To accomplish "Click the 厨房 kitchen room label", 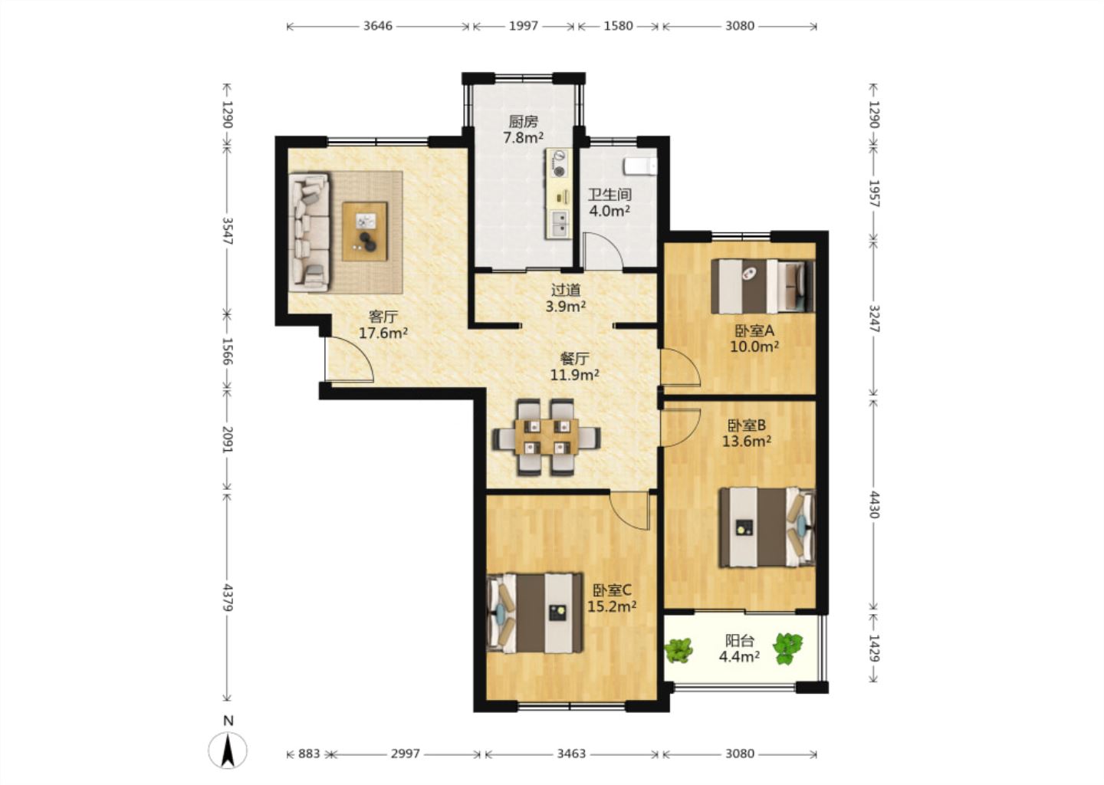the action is [x=523, y=121].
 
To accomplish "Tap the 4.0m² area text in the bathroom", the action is [x=609, y=211].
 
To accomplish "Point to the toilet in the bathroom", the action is [x=640, y=166].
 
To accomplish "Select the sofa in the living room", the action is [x=310, y=232].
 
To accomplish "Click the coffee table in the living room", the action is [x=365, y=231].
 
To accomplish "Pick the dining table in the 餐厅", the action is [x=546, y=437].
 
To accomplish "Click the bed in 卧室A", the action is [x=762, y=286].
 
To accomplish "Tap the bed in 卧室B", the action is [x=767, y=527].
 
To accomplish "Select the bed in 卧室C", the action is [x=535, y=613].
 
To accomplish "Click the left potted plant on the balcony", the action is [x=678, y=650].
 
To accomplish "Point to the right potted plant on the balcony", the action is [x=787, y=649].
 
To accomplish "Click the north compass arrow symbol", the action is [x=227, y=750].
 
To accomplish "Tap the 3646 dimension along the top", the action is [x=378, y=25].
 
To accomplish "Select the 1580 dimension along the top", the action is [x=618, y=25].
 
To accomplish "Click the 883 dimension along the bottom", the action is [x=309, y=754].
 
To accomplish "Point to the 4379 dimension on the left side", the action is [x=228, y=597].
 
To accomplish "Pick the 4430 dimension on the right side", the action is [x=874, y=504].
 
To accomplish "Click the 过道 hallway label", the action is [x=565, y=291].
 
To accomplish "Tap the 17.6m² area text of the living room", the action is [x=383, y=333].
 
